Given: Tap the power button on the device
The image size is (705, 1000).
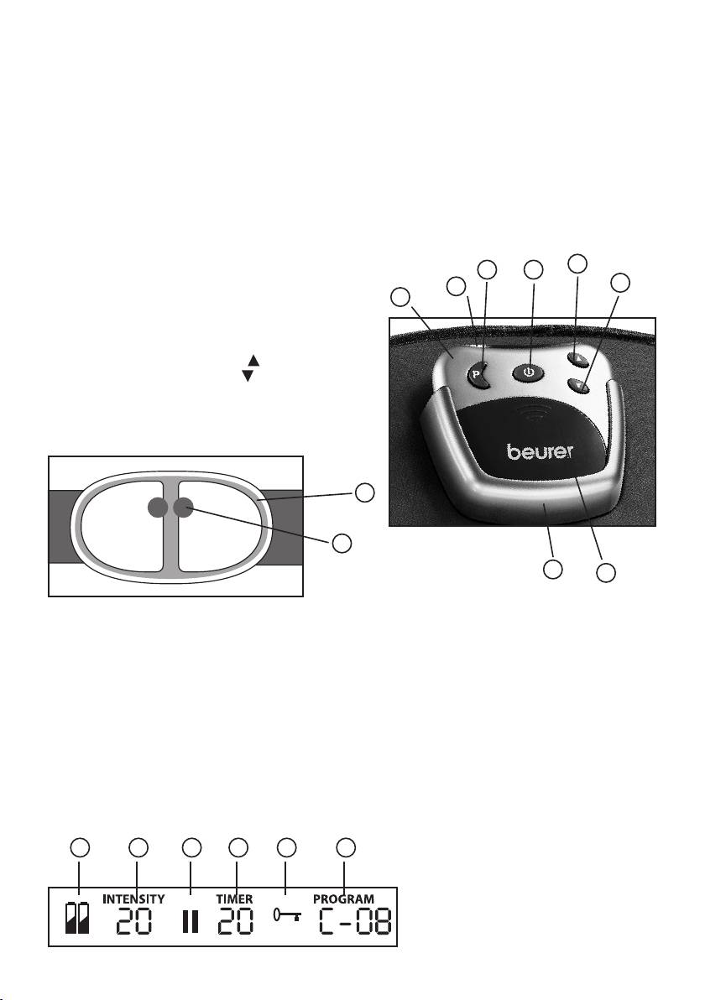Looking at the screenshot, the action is [528, 371].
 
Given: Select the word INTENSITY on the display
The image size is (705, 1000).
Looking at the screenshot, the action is [133, 898].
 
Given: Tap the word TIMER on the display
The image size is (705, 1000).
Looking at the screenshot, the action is [234, 898].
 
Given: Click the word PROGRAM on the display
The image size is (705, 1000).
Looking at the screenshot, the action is [343, 898].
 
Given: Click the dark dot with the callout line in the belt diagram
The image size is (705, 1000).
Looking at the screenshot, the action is [183, 507].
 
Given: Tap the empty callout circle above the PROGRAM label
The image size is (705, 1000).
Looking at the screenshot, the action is [346, 848].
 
